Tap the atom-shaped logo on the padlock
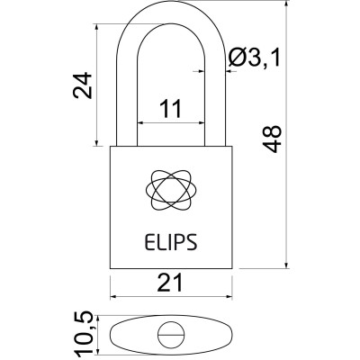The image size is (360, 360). click(x=169, y=188)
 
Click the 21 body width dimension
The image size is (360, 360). click(x=170, y=283)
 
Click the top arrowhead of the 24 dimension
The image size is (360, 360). click(x=95, y=29)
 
